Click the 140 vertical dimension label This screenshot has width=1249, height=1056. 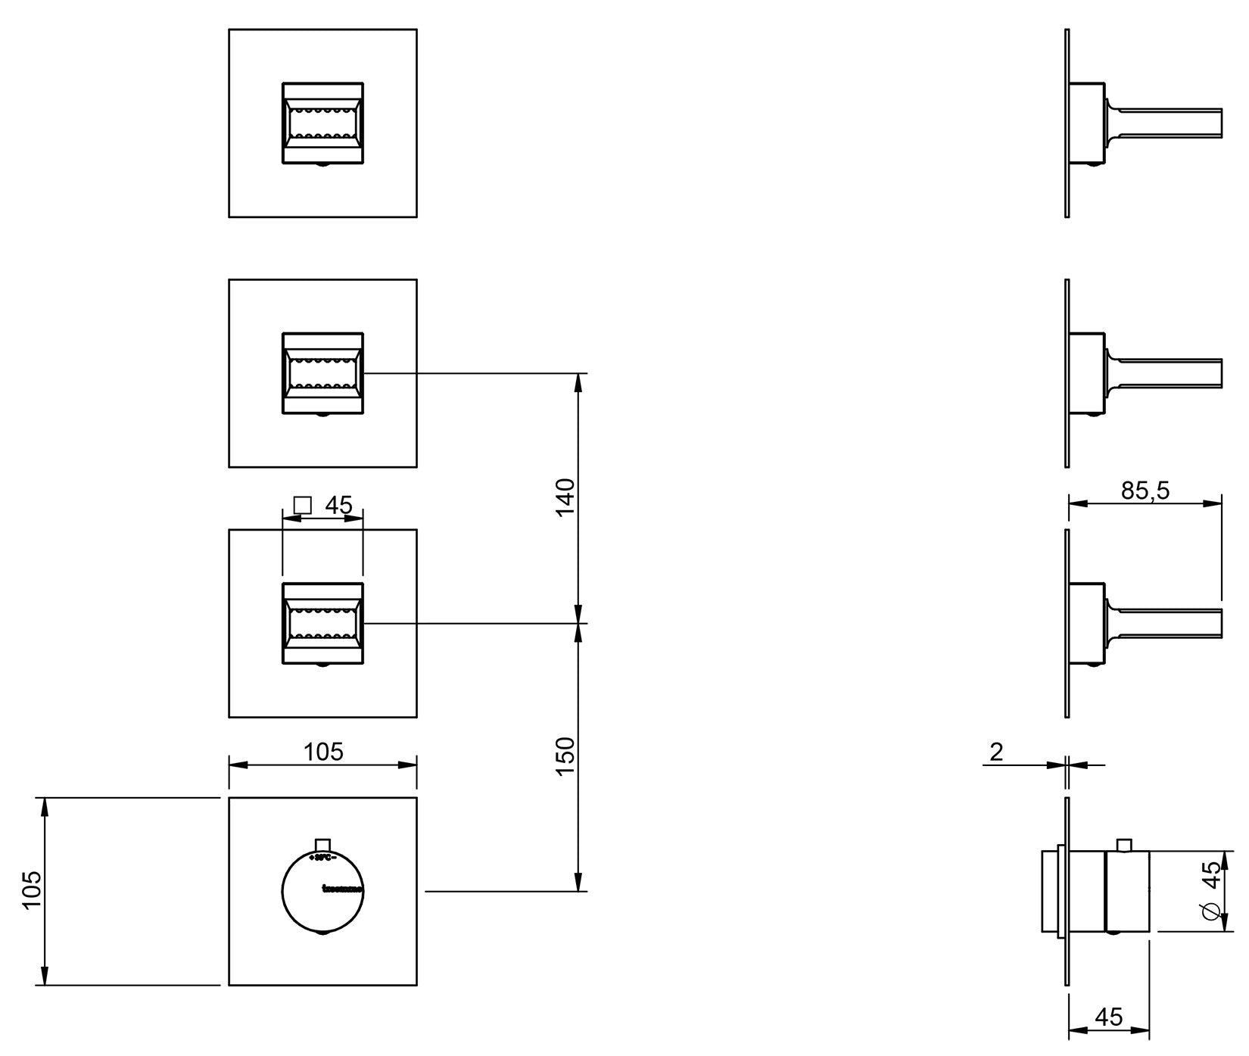(x=566, y=497)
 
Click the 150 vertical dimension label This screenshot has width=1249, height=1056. (x=566, y=755)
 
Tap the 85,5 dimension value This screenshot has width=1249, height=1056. (x=1145, y=491)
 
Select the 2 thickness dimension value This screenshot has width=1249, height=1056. (x=996, y=752)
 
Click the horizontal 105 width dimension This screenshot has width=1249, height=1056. (x=323, y=752)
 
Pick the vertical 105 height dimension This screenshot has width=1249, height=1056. (x=32, y=890)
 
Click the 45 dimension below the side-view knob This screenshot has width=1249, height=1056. (x=1108, y=1016)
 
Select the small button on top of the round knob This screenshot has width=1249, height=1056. (x=323, y=846)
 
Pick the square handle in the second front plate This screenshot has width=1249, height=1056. (x=322, y=372)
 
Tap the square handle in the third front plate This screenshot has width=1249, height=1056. (x=322, y=623)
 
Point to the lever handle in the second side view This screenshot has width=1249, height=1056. (x=1166, y=372)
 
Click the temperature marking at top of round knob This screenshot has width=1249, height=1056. (x=323, y=858)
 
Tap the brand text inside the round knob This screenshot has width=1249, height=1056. (x=342, y=888)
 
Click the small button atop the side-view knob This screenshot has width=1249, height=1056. (x=1124, y=846)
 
